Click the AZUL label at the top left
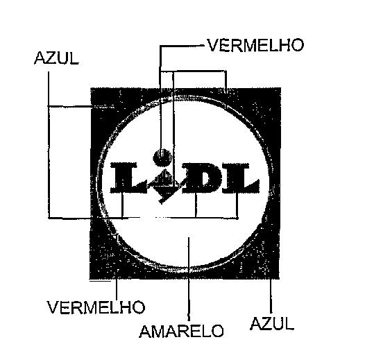[x=56, y=58]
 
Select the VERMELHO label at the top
[x=255, y=45]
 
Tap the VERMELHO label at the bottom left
[x=96, y=307]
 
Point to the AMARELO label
[x=181, y=331]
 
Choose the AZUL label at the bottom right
[x=272, y=323]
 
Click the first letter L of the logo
[x=128, y=178]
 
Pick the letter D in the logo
[x=200, y=178]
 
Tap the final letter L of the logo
[x=241, y=178]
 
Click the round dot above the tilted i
[x=162, y=156]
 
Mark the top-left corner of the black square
[x=90, y=88]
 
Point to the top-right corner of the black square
[x=280, y=88]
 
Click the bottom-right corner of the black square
[x=279, y=279]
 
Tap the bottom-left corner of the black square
[x=90, y=279]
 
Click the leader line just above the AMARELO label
[x=189, y=279]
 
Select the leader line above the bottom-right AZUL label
[x=271, y=296]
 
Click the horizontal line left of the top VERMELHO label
[x=182, y=46]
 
